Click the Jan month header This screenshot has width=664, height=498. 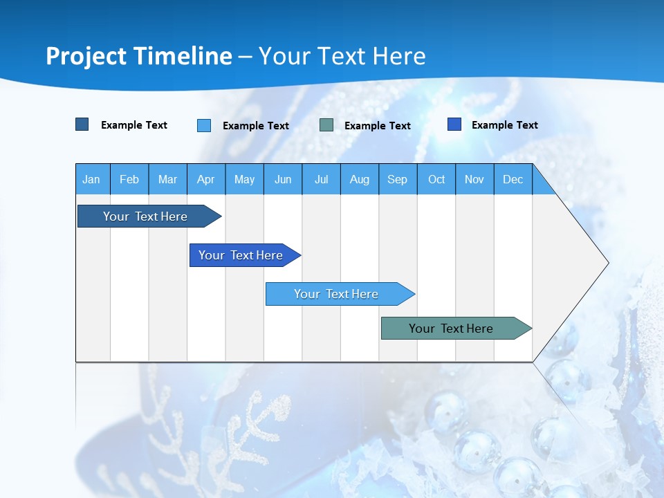point(92,179)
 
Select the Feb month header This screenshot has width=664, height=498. point(129,179)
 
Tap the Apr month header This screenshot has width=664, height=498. point(206,179)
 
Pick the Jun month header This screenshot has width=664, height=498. point(283,179)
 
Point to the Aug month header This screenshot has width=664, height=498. point(360,179)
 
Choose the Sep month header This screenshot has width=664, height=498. point(398,179)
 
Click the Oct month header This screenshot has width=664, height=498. point(436,179)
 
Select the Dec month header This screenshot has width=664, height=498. point(513,179)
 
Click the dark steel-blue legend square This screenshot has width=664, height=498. point(82,124)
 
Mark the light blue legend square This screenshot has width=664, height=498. point(204,125)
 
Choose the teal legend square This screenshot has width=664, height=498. point(326,125)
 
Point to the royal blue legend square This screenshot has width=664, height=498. point(454,124)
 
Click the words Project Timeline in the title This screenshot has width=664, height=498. point(139,56)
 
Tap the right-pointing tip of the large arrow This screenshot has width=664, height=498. point(605,263)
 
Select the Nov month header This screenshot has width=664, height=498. point(474,179)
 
